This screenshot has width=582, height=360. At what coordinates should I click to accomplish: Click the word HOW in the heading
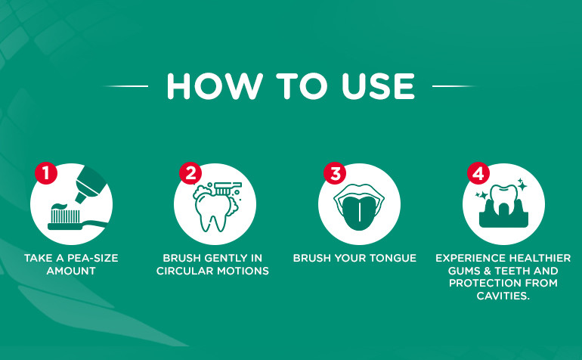pos(215,86)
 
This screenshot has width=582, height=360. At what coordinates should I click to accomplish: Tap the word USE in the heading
pos(378,86)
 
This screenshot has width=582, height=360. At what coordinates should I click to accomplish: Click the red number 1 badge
pos(46,173)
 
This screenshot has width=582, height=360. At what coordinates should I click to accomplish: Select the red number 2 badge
pos(190,173)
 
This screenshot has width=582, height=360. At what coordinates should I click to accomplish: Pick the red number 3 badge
pos(335,173)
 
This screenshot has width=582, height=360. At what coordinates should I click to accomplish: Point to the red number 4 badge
pos(478,173)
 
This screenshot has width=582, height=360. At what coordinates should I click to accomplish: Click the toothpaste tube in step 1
pos(90,185)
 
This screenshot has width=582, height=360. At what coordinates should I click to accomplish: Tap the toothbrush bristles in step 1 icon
pos(65,216)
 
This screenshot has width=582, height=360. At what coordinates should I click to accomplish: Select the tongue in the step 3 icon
pos(359,213)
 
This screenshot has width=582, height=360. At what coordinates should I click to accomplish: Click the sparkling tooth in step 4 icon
pos(503,200)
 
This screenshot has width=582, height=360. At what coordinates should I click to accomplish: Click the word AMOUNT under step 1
pos(71,271)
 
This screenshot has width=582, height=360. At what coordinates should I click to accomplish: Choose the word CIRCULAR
pos(185,271)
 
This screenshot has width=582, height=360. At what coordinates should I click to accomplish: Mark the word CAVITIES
pos(503,296)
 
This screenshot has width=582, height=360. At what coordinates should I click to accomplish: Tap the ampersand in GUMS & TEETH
pos(488,271)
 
